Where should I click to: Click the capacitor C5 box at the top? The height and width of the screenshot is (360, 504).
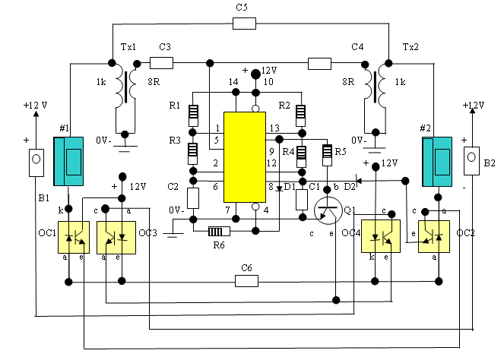click(244, 24)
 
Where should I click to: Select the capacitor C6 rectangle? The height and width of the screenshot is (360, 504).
click(246, 281)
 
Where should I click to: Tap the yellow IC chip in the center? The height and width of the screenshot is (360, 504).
click(245, 157)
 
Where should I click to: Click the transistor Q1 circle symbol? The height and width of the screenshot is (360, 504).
click(328, 210)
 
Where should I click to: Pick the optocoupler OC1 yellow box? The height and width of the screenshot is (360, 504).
click(74, 237)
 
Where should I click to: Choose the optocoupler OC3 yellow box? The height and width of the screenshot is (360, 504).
click(116, 237)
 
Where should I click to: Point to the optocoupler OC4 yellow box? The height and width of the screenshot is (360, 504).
click(381, 236)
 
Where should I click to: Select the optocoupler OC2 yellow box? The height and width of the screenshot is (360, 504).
click(434, 236)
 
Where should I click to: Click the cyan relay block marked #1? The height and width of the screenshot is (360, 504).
click(68, 161)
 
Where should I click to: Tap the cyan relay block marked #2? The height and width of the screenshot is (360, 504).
click(437, 162)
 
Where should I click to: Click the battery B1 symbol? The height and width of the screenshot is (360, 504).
click(36, 163)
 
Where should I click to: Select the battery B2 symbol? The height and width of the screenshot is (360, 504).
click(471, 161)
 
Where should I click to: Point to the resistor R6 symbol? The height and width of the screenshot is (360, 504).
click(219, 231)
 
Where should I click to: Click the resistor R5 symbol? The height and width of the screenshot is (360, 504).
click(327, 155)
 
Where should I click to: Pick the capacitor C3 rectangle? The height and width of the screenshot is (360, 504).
click(161, 63)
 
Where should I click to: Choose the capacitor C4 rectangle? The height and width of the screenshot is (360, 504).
click(319, 64)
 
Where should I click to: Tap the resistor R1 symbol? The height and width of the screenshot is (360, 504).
click(193, 115)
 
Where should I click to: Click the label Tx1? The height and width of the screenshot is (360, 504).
click(128, 47)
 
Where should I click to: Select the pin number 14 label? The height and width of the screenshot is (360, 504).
click(233, 82)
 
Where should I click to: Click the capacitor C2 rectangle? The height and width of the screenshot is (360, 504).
click(193, 198)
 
